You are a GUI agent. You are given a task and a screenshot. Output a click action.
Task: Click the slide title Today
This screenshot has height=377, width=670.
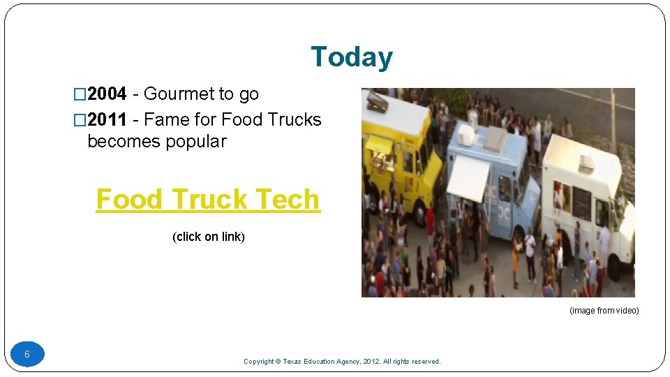pyautogui.click(x=351, y=57)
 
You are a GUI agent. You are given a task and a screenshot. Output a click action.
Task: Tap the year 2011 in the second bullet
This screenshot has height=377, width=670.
pyautogui.click(x=107, y=120)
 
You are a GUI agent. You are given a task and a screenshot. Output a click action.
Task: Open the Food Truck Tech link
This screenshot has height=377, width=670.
pyautogui.click(x=208, y=200)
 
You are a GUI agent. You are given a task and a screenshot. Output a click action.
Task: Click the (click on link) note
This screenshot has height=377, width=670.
pyautogui.click(x=208, y=237)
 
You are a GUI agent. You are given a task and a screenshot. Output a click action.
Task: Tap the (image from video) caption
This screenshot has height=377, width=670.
pyautogui.click(x=604, y=311)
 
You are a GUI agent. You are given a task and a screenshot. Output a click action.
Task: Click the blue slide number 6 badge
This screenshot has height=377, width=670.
pyautogui.click(x=27, y=354)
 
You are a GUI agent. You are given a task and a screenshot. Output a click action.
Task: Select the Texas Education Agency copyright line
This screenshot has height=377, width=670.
pyautogui.click(x=342, y=362)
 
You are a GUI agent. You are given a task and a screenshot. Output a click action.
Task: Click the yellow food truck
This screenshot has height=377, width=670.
pyautogui.click(x=398, y=154)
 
